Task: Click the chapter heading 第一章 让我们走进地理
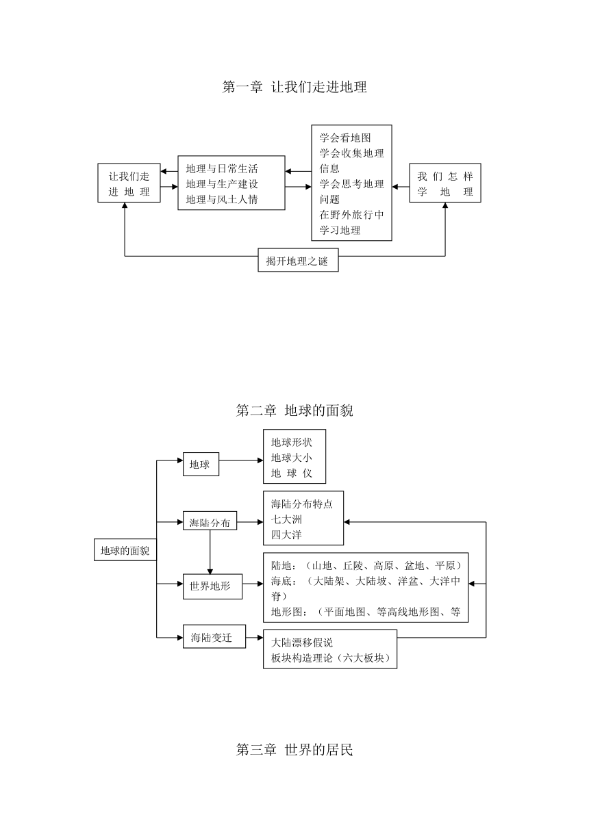pos(294,87)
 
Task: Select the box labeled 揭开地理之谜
pos(298,260)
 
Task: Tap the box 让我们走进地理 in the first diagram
pos(129,183)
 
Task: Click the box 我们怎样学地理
pos(445,183)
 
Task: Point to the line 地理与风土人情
pos(222,200)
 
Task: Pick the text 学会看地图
pos(345,138)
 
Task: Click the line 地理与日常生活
pos(222,168)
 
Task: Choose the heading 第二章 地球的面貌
pos(294,411)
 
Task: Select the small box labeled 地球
pos(201,464)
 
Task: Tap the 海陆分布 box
pos(210,521)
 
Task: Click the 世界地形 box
pos(213,586)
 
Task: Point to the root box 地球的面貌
pos(125,550)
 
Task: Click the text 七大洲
pos(286,519)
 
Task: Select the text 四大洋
pos(286,535)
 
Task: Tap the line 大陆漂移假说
pos(302,642)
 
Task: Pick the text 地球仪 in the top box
pos(292,473)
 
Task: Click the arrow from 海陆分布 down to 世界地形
pos(210,552)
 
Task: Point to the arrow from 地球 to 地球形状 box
pos(241,460)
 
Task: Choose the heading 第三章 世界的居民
pos(294,749)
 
